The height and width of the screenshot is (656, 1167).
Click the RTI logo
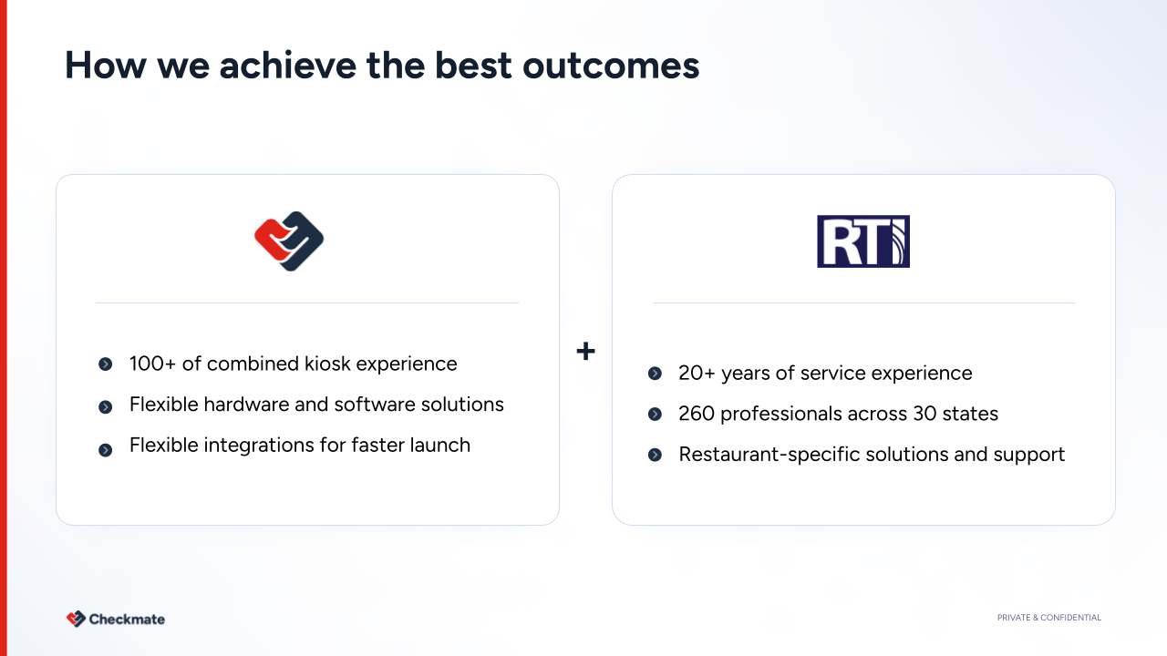pyautogui.click(x=863, y=241)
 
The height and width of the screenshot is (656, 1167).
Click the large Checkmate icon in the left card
pyautogui.click(x=289, y=241)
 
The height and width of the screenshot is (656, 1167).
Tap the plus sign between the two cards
pyautogui.click(x=585, y=351)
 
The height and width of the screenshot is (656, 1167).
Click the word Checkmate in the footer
pyautogui.click(x=127, y=619)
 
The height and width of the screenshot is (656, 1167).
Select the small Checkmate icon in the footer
pyautogui.click(x=76, y=619)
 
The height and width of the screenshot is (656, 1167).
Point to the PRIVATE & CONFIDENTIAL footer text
pyautogui.click(x=1049, y=618)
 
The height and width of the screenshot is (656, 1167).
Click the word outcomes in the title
pyautogui.click(x=611, y=66)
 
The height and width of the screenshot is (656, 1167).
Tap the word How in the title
pyautogui.click(x=105, y=66)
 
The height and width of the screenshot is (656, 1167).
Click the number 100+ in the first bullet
pyautogui.click(x=152, y=364)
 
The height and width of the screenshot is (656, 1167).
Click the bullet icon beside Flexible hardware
pyautogui.click(x=105, y=406)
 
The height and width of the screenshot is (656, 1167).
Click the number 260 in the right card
pyautogui.click(x=696, y=414)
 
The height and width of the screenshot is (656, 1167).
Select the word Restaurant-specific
pyautogui.click(x=769, y=455)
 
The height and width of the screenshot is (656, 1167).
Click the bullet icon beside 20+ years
pyautogui.click(x=655, y=374)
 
